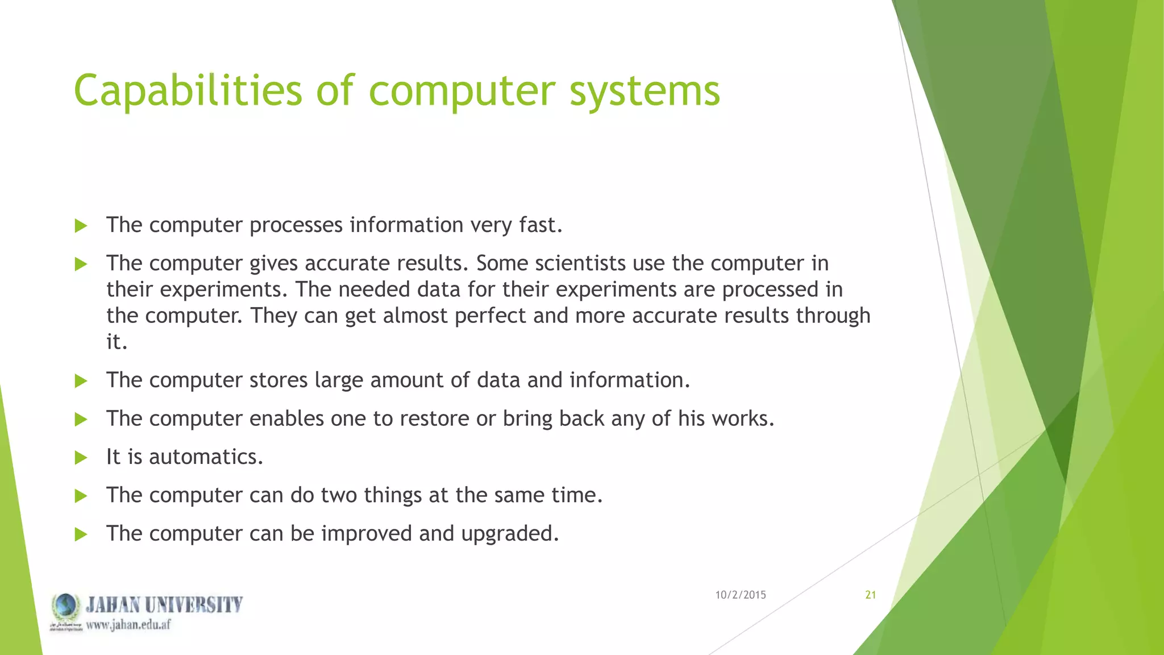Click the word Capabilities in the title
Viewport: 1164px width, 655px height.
pos(188,91)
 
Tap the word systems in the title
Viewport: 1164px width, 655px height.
pos(645,91)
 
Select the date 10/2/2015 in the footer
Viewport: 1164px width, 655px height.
pos(740,595)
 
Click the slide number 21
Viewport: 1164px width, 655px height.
pos(870,595)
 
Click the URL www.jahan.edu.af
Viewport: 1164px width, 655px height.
pos(128,625)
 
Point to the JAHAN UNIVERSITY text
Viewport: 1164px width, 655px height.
pos(164,604)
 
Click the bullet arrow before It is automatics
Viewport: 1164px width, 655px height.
pos(81,458)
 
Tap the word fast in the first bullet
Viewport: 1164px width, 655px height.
pos(540,225)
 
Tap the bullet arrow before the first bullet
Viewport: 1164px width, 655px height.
pos(81,226)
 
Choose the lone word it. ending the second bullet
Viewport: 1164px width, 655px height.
pos(117,342)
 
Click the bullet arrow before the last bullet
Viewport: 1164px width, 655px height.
pos(81,534)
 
